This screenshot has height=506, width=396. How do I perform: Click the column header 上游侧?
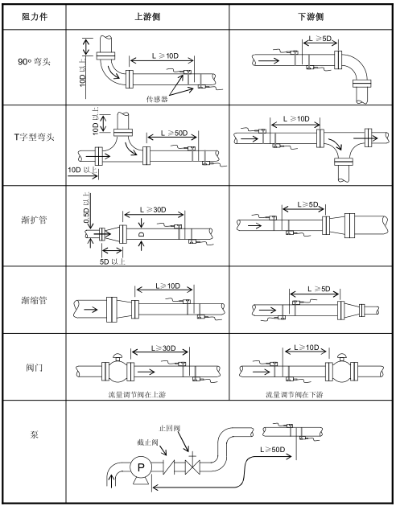(x=147, y=17)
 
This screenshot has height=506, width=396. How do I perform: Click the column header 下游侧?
(x=311, y=17)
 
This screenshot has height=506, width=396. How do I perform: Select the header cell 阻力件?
(x=35, y=17)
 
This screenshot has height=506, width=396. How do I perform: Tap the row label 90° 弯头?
(x=34, y=61)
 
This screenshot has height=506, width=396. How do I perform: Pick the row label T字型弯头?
(x=34, y=137)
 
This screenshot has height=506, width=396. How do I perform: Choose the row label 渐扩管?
(x=34, y=220)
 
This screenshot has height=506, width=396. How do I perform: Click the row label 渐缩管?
(x=34, y=300)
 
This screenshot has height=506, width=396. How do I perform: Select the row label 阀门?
(x=34, y=368)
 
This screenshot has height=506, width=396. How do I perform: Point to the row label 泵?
(x=34, y=434)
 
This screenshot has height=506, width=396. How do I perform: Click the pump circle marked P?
(x=141, y=467)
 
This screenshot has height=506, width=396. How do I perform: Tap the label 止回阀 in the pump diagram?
(x=170, y=429)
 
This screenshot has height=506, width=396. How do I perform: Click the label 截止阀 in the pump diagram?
(x=147, y=442)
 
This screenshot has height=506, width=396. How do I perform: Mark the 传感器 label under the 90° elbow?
(x=157, y=100)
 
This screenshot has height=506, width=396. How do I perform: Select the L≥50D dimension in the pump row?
(x=273, y=450)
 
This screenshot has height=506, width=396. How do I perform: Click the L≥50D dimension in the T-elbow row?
(x=175, y=133)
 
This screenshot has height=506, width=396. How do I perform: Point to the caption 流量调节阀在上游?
(x=138, y=394)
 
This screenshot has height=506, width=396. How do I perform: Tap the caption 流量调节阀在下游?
(x=295, y=394)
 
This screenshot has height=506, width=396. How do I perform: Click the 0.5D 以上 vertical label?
(x=87, y=208)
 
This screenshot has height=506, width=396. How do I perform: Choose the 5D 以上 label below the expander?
(x=112, y=261)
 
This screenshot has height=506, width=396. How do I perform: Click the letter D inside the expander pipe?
(x=141, y=234)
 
